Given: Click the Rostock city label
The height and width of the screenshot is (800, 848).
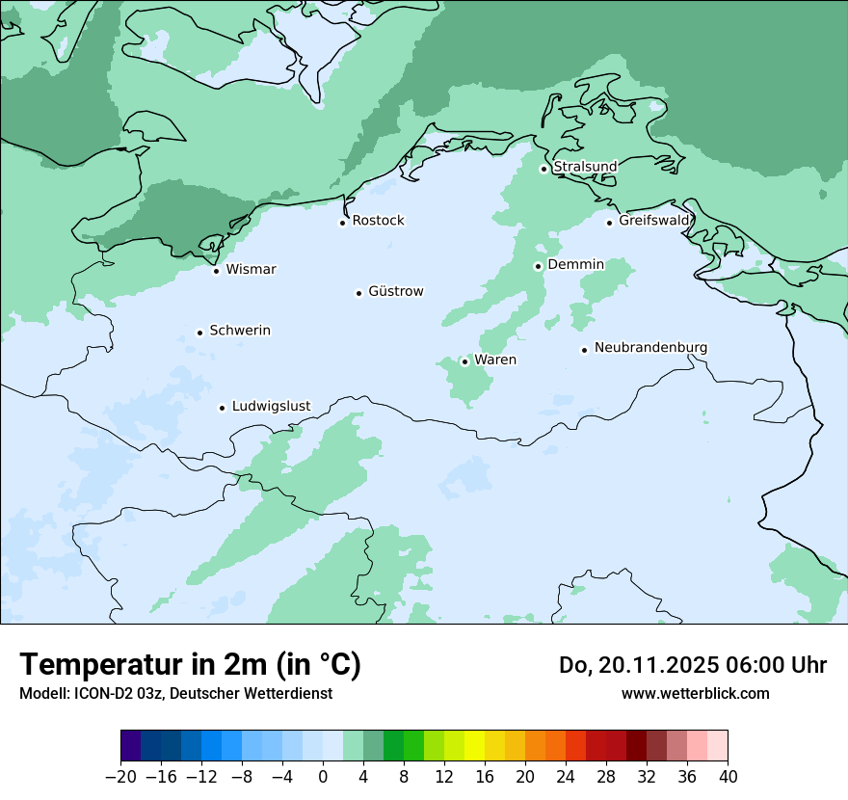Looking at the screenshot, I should (378, 221).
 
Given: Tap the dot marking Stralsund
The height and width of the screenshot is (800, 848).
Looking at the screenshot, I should (543, 169).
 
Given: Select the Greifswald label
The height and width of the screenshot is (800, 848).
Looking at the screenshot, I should (654, 221).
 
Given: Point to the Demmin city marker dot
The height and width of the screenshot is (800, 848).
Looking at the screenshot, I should (538, 266).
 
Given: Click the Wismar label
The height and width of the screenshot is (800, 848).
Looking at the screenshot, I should (251, 269).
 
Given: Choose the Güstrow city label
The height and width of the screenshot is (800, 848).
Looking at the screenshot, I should (395, 291).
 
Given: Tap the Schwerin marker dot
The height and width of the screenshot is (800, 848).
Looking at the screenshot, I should (199, 333).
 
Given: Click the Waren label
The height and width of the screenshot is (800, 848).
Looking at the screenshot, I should (495, 360).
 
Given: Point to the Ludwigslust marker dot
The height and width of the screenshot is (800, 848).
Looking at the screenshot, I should (222, 408).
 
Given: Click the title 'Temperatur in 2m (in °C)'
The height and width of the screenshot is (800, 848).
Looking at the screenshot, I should (190, 664).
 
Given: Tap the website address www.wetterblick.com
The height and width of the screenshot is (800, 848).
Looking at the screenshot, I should (695, 693).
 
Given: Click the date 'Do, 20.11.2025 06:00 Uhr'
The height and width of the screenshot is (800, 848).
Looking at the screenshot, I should (692, 665).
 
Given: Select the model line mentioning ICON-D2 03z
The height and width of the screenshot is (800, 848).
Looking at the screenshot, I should (175, 693).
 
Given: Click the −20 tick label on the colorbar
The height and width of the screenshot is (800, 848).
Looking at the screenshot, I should (120, 776).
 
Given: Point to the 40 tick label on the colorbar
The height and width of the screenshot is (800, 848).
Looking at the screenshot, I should (728, 776).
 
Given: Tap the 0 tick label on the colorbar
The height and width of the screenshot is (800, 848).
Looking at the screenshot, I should (323, 776).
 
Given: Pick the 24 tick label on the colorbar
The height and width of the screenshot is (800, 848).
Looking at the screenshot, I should (566, 776).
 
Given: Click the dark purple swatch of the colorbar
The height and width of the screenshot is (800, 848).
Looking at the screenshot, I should (131, 746).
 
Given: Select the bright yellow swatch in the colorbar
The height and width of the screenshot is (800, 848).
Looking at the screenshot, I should (475, 746).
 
